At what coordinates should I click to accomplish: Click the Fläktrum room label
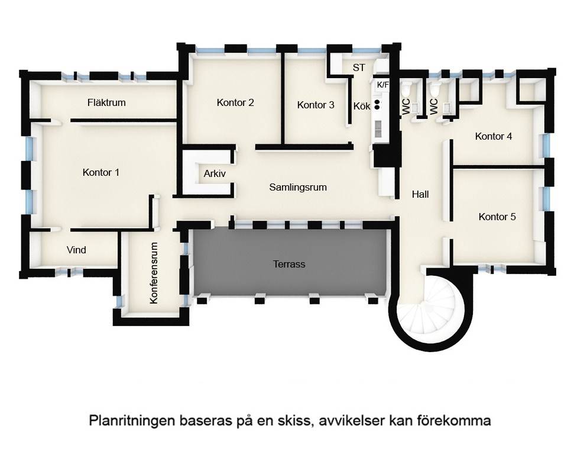[x=106, y=102]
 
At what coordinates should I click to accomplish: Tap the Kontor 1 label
[x=101, y=172]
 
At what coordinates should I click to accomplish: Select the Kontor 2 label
[x=235, y=102]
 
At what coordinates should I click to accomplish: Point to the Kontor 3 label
[x=316, y=105]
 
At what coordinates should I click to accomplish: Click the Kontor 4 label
[x=494, y=136]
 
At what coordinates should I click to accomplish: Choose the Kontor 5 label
[x=497, y=217]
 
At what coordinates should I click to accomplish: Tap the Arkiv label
[x=215, y=173]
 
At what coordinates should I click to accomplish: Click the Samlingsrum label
[x=298, y=188]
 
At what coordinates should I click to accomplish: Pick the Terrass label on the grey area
[x=289, y=264]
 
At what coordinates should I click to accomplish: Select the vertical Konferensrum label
[x=154, y=273]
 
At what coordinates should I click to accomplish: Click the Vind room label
[x=76, y=250]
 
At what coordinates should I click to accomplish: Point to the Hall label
[x=420, y=194]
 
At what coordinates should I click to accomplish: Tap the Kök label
[x=362, y=107]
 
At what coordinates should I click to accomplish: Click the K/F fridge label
[x=382, y=85]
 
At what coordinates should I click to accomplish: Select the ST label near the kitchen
[x=359, y=68]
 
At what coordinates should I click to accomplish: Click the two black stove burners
[x=377, y=104]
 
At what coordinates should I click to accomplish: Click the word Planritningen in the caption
[x=132, y=421]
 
